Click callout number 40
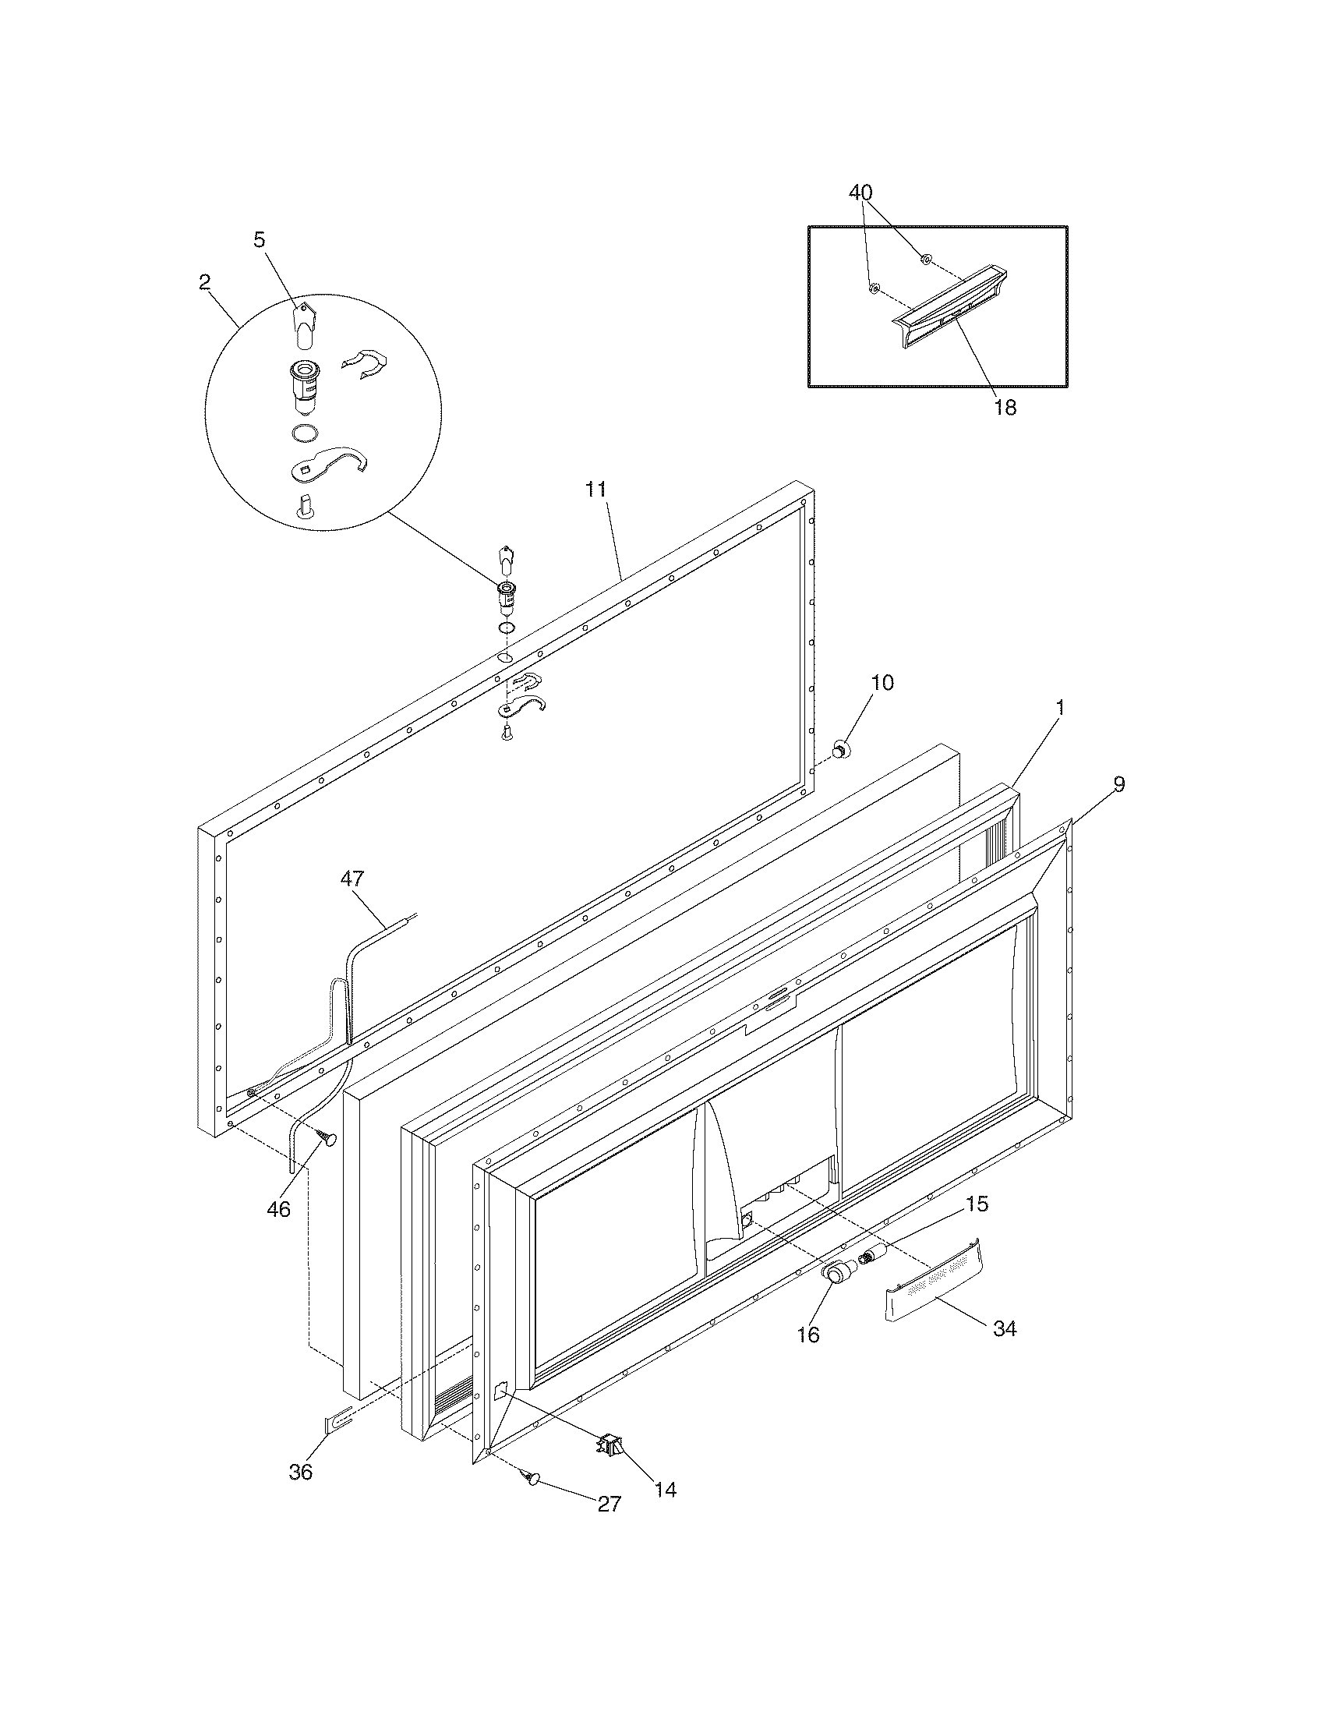pos(860,193)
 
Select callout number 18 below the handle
pos(1005,408)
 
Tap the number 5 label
pos(259,240)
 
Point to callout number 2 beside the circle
pos(204,283)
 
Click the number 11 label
pos(595,490)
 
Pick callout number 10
pos(882,682)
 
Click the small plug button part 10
pos(841,750)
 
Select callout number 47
pos(352,879)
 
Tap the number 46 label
pos(279,1209)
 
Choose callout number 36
pos(301,1472)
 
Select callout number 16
pos(807,1334)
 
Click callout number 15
pos(977,1204)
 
